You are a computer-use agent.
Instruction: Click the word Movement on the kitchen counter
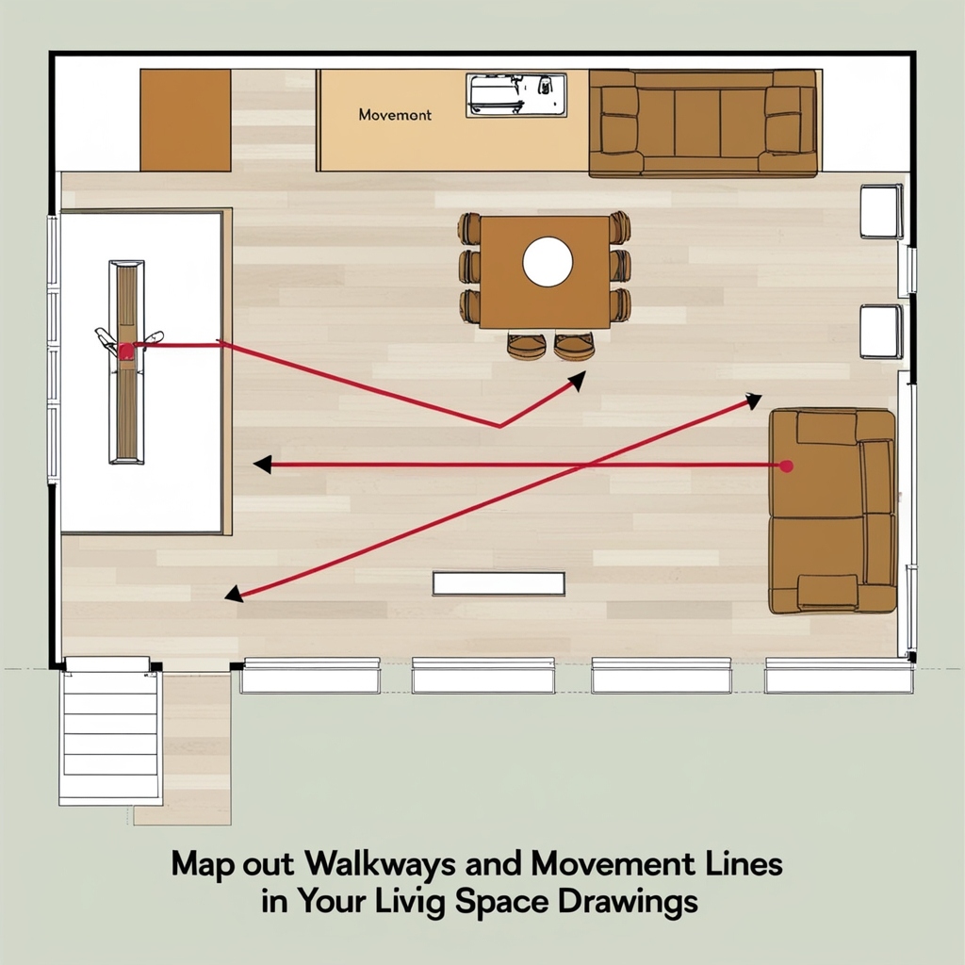click(x=395, y=114)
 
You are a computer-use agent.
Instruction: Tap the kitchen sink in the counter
click(x=516, y=95)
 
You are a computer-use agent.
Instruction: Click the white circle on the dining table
click(x=548, y=262)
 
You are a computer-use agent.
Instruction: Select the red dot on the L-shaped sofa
click(x=786, y=466)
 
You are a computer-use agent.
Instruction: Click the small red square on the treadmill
click(x=126, y=351)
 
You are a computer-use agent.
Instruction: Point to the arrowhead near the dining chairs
click(x=577, y=381)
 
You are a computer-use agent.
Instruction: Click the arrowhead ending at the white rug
click(x=263, y=465)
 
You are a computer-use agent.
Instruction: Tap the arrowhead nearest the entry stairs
click(x=234, y=594)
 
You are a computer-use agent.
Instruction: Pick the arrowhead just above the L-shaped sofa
click(x=753, y=401)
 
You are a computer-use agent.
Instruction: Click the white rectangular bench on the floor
click(x=499, y=583)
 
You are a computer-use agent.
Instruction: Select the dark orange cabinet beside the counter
click(x=186, y=120)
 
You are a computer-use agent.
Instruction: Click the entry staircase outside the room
click(x=111, y=731)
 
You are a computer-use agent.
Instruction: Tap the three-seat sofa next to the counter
click(x=703, y=123)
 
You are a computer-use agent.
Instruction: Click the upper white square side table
click(x=881, y=211)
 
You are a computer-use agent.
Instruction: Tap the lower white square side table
click(x=881, y=331)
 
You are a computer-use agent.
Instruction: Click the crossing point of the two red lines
click(x=581, y=466)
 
